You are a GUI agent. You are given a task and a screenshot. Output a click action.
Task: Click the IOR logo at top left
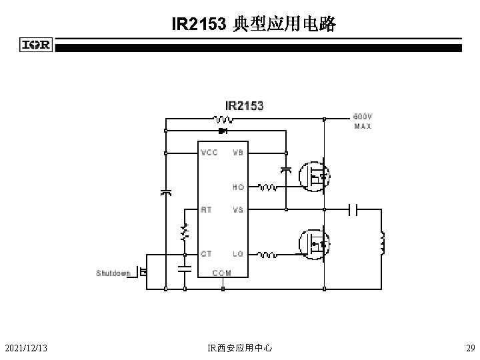[35, 45]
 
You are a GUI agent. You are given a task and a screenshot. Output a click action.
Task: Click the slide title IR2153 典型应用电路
[253, 25]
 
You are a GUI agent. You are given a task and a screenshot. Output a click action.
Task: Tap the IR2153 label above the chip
[244, 105]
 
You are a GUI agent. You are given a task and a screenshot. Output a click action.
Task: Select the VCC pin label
[209, 153]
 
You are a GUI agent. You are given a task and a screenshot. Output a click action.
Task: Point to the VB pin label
[237, 153]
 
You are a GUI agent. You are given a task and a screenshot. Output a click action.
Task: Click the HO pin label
[238, 187]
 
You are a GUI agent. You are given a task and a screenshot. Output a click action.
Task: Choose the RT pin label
[207, 209]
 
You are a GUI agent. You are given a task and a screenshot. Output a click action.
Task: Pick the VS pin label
[237, 209]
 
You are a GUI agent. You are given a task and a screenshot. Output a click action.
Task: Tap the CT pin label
[207, 254]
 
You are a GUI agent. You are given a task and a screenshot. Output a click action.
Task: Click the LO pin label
[238, 254]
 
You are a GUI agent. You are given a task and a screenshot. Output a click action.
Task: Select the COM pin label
[222, 273]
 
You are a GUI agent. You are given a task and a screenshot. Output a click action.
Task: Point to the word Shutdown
[113, 273]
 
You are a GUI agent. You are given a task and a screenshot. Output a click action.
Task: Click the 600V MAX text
[363, 121]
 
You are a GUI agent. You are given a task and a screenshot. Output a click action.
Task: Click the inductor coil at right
[383, 243]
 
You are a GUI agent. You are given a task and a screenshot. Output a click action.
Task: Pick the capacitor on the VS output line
[353, 210]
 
